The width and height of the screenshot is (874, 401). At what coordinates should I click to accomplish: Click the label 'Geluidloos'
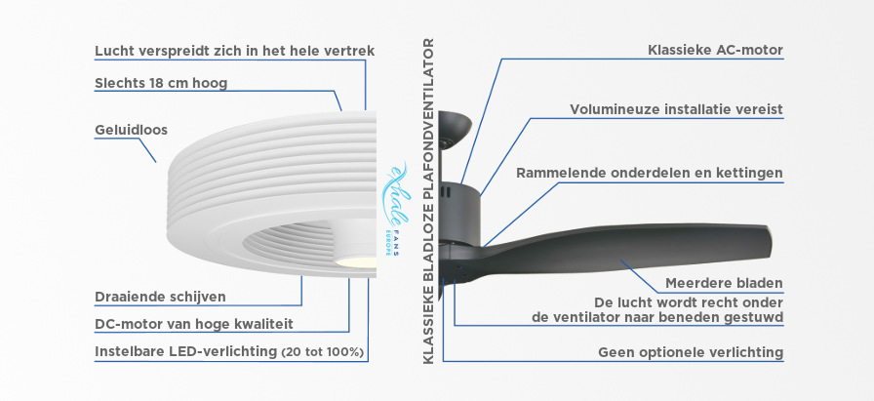[x=131, y=131]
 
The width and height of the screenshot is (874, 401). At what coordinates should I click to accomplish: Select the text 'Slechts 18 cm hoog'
[x=161, y=84]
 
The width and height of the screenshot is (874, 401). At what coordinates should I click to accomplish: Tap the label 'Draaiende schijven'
[x=161, y=297]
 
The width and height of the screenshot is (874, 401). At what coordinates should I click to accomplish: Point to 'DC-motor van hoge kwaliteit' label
[x=194, y=324]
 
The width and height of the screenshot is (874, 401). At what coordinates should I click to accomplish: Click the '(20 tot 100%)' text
[x=323, y=352]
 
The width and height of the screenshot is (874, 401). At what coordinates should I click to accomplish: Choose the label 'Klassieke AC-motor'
[x=716, y=50]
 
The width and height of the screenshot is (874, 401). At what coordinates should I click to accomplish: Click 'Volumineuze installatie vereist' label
[x=676, y=109]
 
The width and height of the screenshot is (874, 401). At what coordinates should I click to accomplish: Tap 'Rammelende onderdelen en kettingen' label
[x=650, y=173]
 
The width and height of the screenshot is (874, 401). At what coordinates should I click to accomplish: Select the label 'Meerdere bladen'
[x=724, y=283]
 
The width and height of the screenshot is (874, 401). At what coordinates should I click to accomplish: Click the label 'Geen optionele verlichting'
[x=691, y=352]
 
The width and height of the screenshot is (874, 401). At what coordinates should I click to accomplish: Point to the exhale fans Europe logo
[x=395, y=209]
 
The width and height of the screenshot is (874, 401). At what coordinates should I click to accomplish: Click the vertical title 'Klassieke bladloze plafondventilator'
[x=428, y=201]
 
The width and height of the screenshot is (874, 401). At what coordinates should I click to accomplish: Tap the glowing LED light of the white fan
[x=356, y=261]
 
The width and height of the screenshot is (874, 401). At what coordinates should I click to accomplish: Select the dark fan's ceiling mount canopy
[x=455, y=127]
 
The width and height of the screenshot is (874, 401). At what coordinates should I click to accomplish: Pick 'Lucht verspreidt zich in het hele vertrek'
[x=235, y=51]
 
